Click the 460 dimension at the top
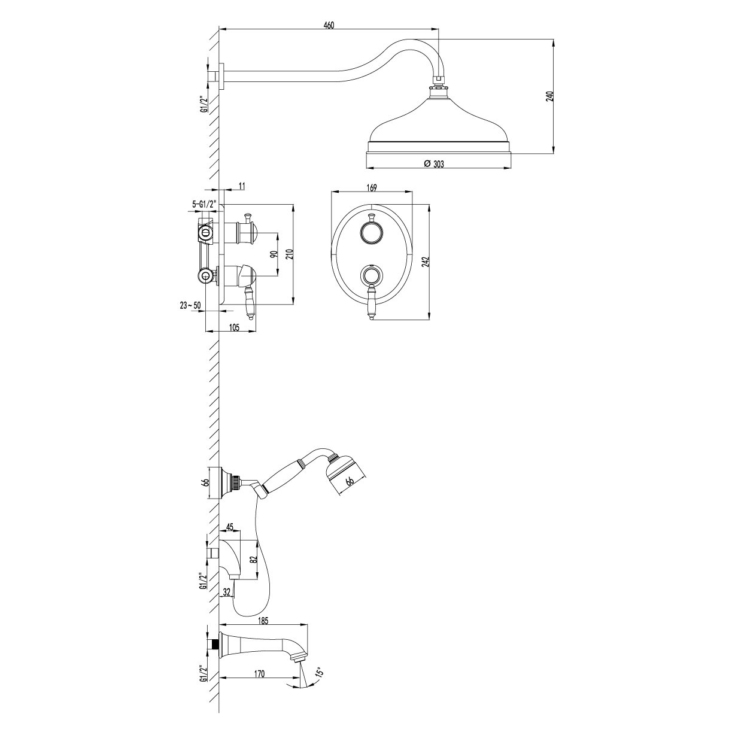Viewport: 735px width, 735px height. click(x=329, y=25)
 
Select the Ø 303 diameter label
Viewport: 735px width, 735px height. click(x=434, y=163)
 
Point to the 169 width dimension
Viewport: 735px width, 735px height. click(x=372, y=187)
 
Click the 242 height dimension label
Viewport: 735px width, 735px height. click(x=426, y=262)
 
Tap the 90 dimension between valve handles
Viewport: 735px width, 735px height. click(x=273, y=255)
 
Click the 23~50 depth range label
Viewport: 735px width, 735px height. click(x=190, y=305)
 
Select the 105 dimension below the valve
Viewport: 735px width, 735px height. click(x=234, y=327)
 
